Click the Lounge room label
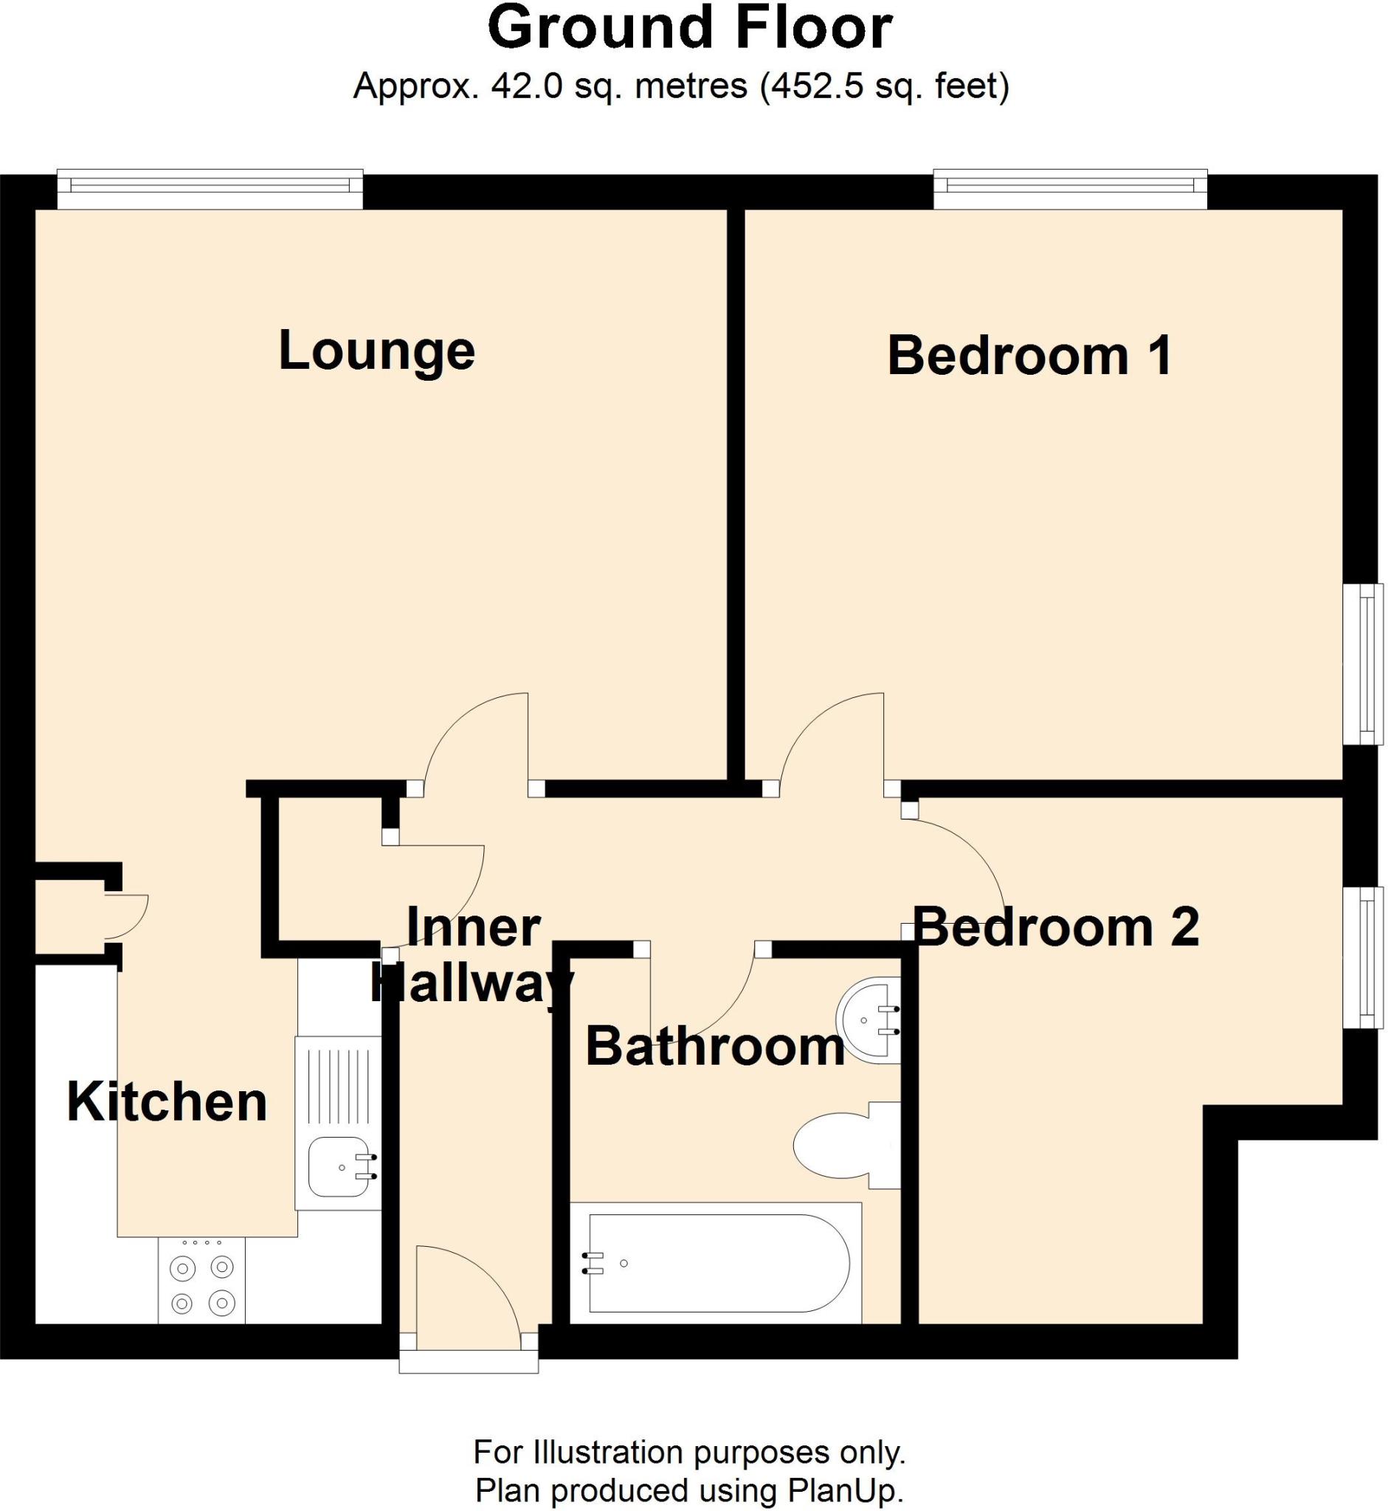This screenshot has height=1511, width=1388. [376, 350]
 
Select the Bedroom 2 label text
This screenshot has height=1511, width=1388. [1056, 927]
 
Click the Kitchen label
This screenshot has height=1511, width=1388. [167, 1102]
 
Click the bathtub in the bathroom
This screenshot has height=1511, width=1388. [717, 1264]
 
